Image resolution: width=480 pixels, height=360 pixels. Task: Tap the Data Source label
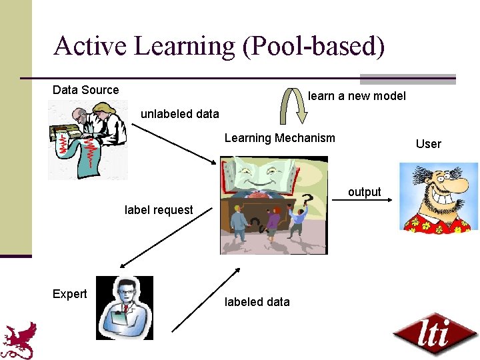tap(85, 90)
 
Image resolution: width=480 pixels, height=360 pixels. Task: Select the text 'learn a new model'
tap(357, 96)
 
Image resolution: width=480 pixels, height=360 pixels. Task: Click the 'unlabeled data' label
tap(179, 114)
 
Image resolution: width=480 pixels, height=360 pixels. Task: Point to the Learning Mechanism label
tap(279, 138)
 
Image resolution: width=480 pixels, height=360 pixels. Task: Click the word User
tap(428, 143)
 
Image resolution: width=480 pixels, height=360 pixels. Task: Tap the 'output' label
tap(364, 192)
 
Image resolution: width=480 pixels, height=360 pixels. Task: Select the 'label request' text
tap(159, 210)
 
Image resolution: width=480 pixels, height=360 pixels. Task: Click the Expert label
tap(69, 294)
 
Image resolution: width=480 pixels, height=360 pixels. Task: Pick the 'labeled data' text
tap(257, 302)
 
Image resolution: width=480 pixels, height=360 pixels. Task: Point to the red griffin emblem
tap(19, 340)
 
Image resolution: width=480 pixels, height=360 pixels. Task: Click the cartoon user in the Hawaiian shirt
tap(438, 197)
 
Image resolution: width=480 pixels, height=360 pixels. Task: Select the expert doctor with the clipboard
tap(125, 307)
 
